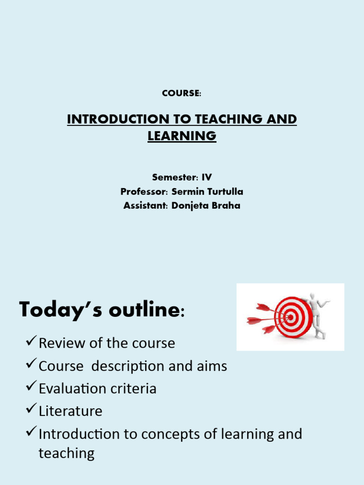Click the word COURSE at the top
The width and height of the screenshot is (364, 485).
[181, 93]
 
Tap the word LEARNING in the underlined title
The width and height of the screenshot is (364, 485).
[182, 136]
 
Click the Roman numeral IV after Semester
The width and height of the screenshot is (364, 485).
[207, 178]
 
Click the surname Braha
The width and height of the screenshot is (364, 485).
[227, 206]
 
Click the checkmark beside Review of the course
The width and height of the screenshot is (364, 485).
[31, 342]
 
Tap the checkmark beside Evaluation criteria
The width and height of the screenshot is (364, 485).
[31, 387]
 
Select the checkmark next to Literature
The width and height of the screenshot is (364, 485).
[31, 410]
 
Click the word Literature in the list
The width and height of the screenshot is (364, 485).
[70, 411]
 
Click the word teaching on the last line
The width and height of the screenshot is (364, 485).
[66, 453]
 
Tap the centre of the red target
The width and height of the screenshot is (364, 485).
[290, 317]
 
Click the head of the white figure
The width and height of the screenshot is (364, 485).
[311, 297]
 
